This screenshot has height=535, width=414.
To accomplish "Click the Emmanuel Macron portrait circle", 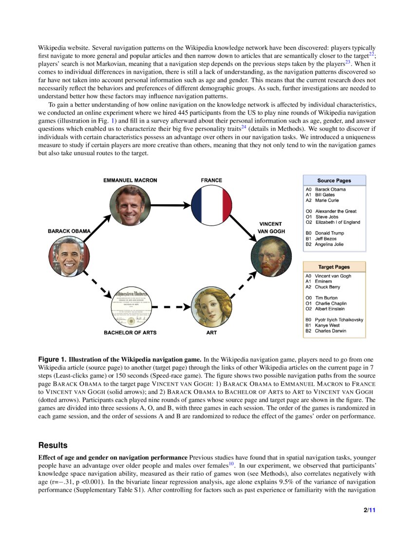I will pos(130,205).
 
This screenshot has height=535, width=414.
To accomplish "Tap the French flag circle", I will pos(211,205).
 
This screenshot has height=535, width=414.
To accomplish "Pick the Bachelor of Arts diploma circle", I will pos(130,307).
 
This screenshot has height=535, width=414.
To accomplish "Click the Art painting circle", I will pos(211,307).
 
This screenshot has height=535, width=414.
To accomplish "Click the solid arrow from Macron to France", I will pos(170,205).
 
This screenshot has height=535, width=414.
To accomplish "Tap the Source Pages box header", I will pos(334,180).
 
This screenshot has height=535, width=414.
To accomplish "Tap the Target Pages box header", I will pos(334,267).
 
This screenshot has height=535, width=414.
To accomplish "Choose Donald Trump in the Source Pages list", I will pos(329,233).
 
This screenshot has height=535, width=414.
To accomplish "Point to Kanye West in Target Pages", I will pos(327,325).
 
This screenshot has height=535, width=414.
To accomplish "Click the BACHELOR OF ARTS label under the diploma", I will pos(130,333).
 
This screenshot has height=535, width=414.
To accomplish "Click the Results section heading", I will pos(53,446).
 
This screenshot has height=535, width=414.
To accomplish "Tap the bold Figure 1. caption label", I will pos(52,359).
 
